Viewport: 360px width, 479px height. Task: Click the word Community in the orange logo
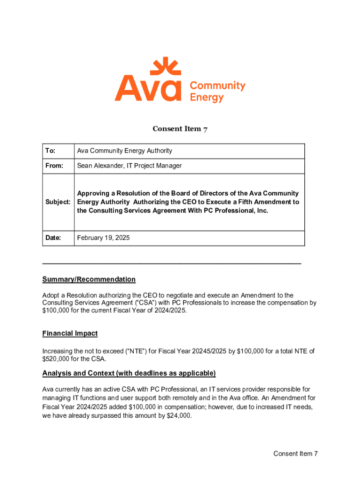pos(217,86)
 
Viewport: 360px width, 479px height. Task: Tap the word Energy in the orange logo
pos(207,98)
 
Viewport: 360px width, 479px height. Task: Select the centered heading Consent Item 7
pos(180,129)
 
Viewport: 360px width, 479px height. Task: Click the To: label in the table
pos(50,151)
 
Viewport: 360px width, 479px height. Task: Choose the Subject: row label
pos(58,202)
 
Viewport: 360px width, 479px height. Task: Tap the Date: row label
pos(53,238)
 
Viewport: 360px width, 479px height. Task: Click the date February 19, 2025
pos(103,238)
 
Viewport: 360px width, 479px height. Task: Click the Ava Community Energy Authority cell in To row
pos(124,151)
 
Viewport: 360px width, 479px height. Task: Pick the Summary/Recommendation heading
pos(89,279)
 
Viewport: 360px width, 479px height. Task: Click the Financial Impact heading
pos(70,334)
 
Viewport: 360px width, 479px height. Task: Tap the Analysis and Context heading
pos(129,373)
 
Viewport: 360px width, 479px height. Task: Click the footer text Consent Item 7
pos(295,454)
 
